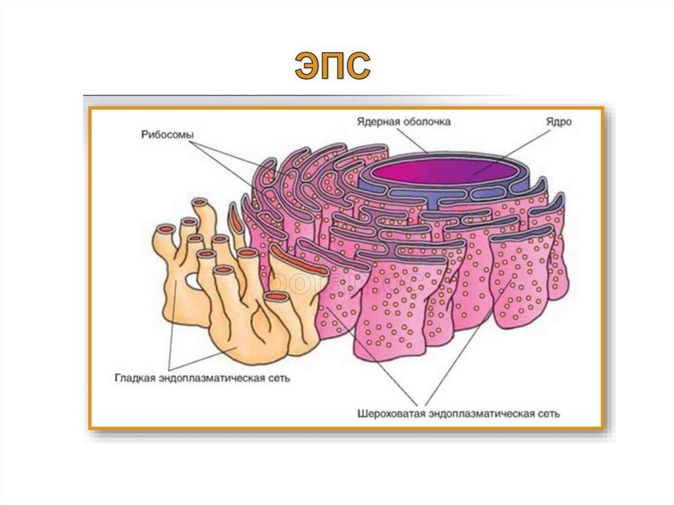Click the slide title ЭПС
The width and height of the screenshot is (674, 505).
pyautogui.click(x=333, y=66)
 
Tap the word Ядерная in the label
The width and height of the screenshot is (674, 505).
pyautogui.click(x=376, y=122)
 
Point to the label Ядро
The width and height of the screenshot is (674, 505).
pyautogui.click(x=557, y=122)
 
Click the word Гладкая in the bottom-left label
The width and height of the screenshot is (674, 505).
pyautogui.click(x=135, y=379)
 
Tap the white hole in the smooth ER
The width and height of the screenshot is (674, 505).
pyautogui.click(x=193, y=282)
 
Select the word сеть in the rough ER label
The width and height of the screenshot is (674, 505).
pyautogui.click(x=548, y=415)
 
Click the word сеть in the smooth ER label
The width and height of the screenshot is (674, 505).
pyautogui.click(x=277, y=379)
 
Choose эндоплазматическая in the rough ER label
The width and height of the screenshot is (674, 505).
pyautogui.click(x=480, y=415)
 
